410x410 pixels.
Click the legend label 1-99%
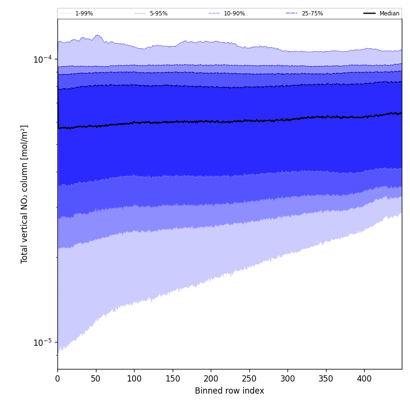click(x=84, y=14)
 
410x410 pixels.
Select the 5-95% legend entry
click(x=158, y=14)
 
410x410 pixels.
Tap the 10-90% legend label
click(x=234, y=14)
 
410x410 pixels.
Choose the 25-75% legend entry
click(x=312, y=14)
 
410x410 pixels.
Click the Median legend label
click(x=389, y=14)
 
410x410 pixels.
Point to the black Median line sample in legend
click(x=369, y=14)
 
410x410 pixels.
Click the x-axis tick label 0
click(x=57, y=379)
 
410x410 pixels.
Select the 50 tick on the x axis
click(x=96, y=379)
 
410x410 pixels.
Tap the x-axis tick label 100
click(x=134, y=379)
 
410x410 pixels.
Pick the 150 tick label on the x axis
click(x=173, y=379)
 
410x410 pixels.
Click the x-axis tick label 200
click(x=211, y=379)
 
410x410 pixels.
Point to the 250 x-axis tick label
click(x=249, y=379)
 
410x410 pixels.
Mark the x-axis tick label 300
click(x=287, y=379)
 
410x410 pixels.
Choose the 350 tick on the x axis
click(x=326, y=379)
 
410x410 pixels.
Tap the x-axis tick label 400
click(x=364, y=379)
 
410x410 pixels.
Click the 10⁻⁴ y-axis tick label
click(x=42, y=59)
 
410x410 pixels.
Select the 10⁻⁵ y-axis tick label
click(x=42, y=342)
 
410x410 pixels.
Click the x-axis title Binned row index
click(x=230, y=391)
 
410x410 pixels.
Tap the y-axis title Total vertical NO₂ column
click(x=25, y=194)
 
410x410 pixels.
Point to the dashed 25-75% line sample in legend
click(x=292, y=14)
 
